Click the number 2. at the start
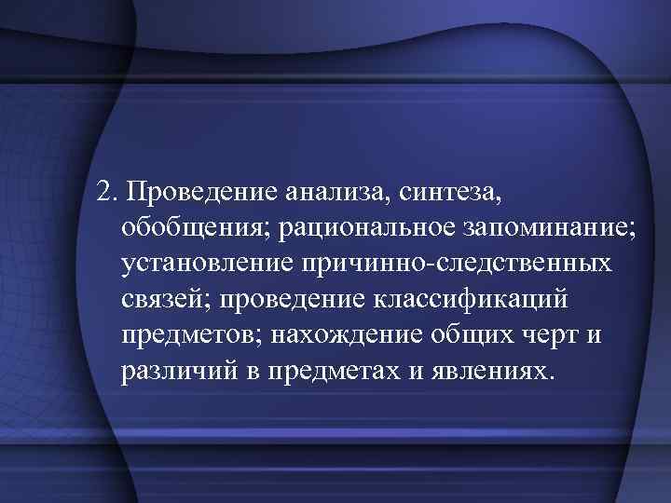pyautogui.click(x=109, y=192)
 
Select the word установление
pyautogui.click(x=207, y=265)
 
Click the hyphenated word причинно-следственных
pyautogui.click(x=457, y=265)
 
